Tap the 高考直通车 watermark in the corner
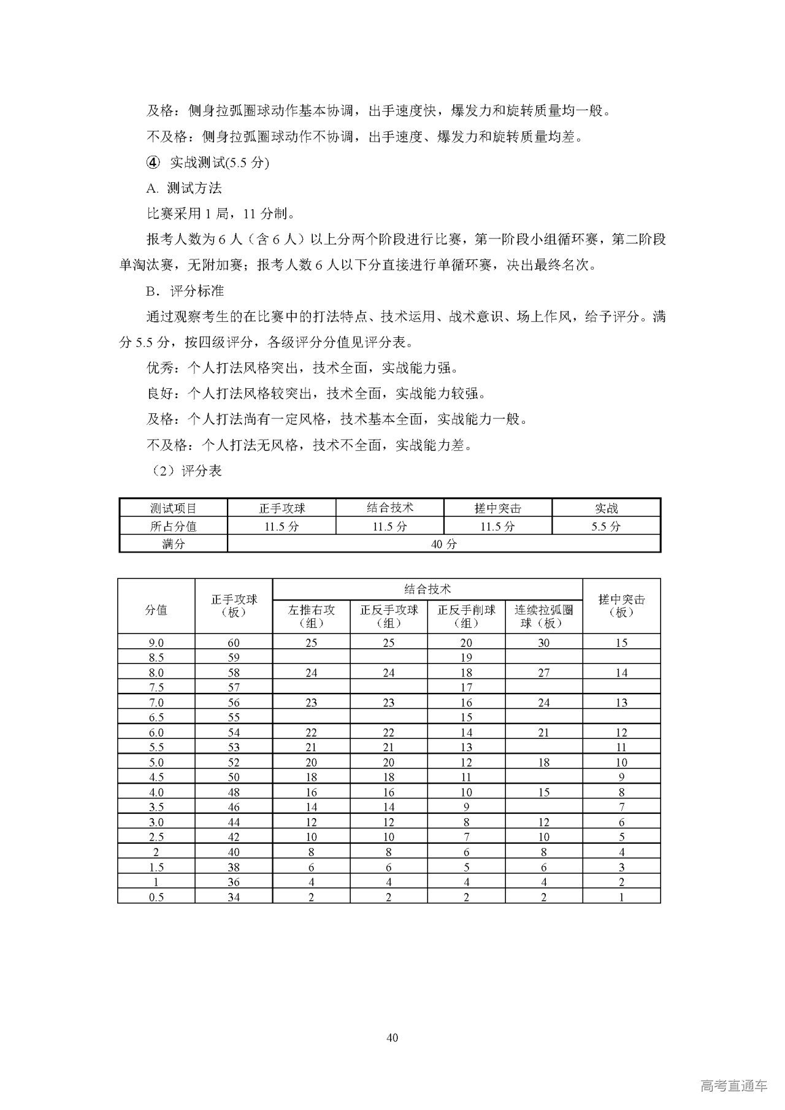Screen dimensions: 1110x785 coord(733,1085)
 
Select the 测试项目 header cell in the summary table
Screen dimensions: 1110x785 coord(174,508)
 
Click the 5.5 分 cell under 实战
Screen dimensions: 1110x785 coord(606,526)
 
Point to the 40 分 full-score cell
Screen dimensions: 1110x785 coord(443,544)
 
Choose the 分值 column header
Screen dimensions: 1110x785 coord(156,610)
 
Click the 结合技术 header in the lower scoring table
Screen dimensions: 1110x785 coord(427,589)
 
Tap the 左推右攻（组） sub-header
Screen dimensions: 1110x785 coord(312,616)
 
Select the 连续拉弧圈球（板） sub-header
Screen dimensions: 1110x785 coord(543,616)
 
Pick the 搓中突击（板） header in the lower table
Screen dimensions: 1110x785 coord(621,606)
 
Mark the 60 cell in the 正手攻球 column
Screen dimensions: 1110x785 coord(234,643)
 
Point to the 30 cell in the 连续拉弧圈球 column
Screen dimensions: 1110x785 coord(543,643)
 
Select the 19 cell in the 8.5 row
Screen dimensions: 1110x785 coord(466,657)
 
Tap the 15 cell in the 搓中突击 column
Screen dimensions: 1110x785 coord(621,643)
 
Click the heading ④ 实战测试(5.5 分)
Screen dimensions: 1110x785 coord(208,163)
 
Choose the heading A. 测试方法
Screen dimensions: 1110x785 coord(184,188)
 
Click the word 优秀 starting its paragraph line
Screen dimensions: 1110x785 coord(159,368)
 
